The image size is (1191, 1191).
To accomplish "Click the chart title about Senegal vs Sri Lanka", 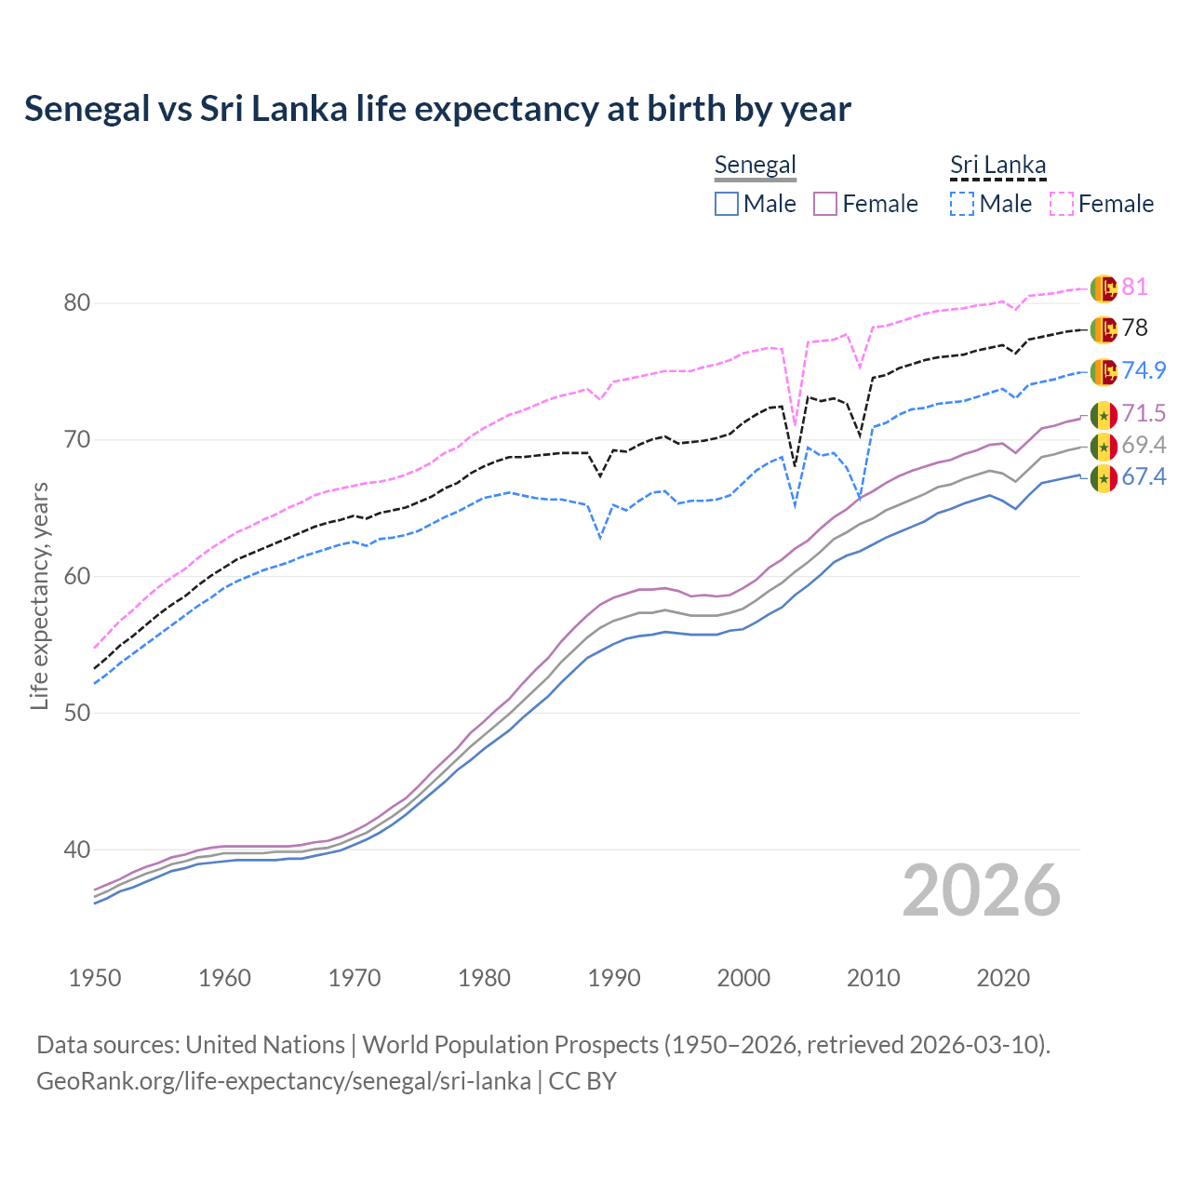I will [437, 109].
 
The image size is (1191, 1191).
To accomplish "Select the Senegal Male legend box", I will [727, 204].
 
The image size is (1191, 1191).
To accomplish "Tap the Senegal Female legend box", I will [826, 204].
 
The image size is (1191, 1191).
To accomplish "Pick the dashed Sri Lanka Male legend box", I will [962, 204].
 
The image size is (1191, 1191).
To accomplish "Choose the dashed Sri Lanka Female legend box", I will [1062, 204].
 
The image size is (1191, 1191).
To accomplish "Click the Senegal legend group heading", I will [755, 166].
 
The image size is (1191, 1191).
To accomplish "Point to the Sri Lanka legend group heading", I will [997, 166].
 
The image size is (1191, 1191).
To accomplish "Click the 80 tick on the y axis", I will [77, 303].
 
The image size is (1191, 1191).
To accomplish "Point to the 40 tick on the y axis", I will [77, 850].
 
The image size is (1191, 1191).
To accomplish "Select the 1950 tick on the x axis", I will [95, 978].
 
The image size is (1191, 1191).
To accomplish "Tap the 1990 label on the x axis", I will [614, 978].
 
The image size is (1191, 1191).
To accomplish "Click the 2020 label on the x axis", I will [1004, 978].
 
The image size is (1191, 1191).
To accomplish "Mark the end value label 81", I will [1134, 287].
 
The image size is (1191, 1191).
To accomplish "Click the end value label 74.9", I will [1144, 370].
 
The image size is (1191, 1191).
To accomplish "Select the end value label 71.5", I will [1144, 413].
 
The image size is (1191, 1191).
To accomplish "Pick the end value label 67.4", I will [1144, 477].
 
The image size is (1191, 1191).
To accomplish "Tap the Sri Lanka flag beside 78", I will [1104, 329].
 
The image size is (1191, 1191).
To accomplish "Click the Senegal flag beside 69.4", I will [1104, 447].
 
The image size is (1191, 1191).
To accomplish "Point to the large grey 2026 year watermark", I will [982, 890].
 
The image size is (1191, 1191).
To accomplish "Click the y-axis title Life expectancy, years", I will [39, 595].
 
